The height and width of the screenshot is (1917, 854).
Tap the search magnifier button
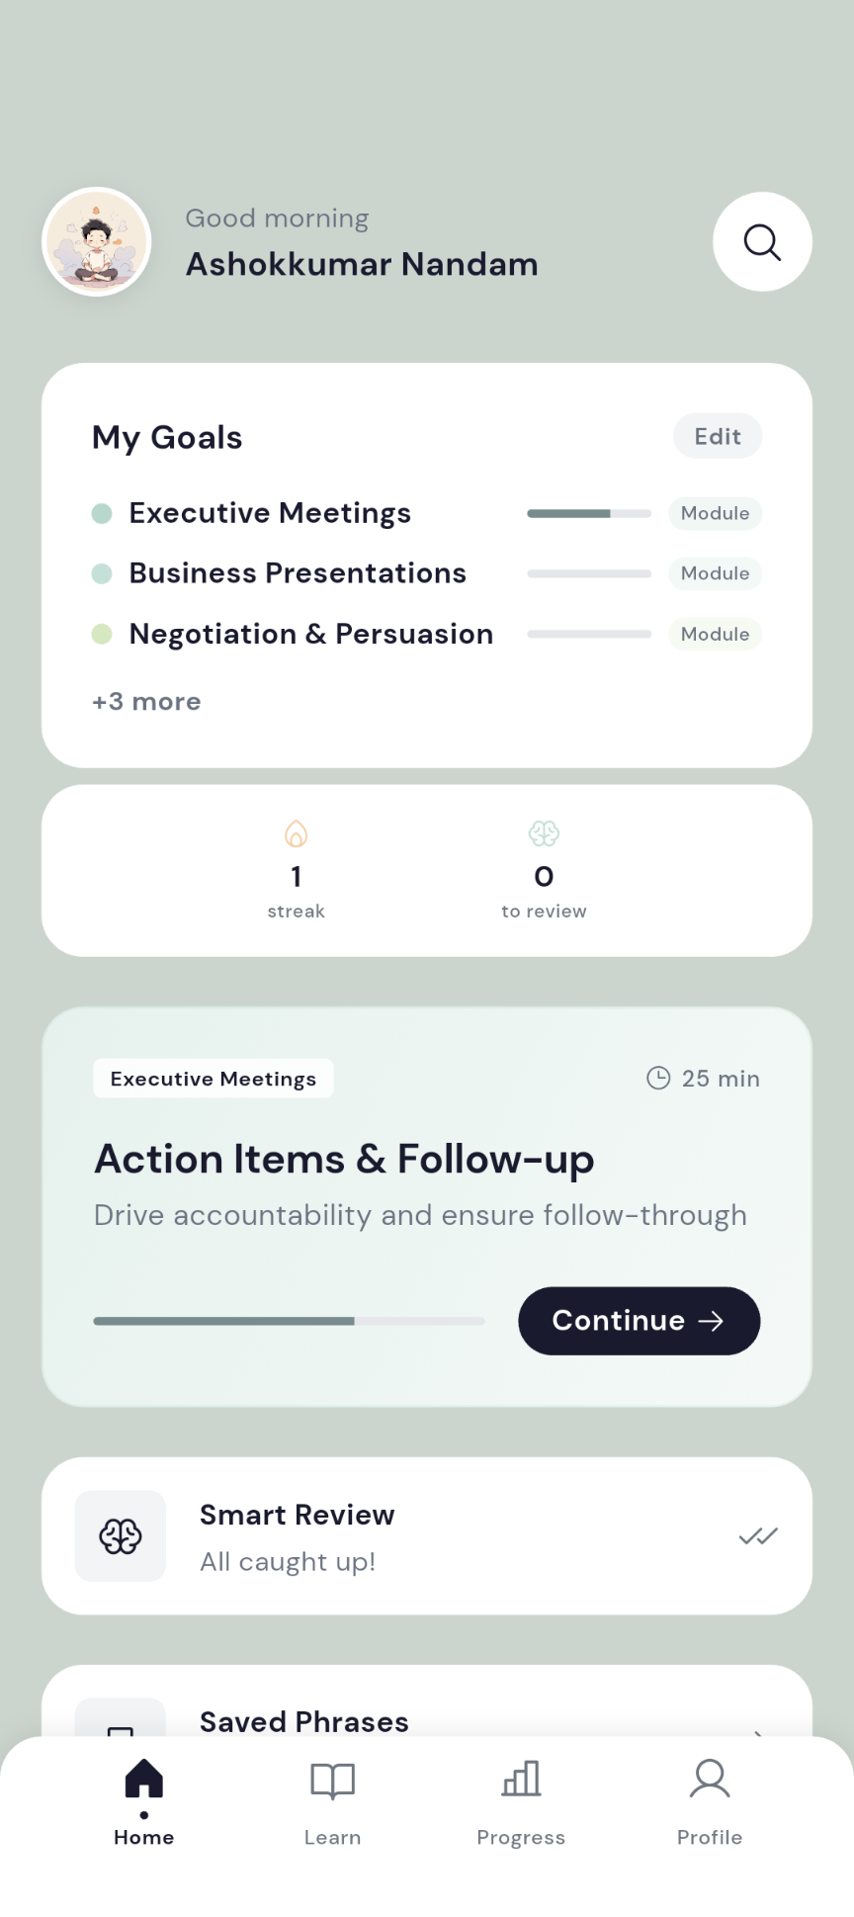[x=762, y=242]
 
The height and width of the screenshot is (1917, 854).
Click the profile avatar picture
[x=97, y=242]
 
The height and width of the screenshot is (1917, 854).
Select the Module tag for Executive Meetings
[x=715, y=513]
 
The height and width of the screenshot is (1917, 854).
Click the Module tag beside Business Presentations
[x=715, y=573]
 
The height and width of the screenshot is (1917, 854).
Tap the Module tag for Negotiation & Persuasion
[x=715, y=634]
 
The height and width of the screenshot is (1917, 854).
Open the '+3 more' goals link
[x=146, y=702]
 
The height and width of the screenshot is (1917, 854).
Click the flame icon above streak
[x=296, y=834]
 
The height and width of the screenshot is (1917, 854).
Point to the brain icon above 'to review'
[x=544, y=833]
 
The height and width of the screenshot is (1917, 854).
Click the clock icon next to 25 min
[x=658, y=1078]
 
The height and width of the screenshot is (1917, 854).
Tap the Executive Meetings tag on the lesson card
[x=213, y=1079]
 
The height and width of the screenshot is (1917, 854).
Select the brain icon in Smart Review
[x=121, y=1536]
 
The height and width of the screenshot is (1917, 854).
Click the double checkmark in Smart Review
[x=758, y=1535]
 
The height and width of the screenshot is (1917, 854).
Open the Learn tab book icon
[x=332, y=1780]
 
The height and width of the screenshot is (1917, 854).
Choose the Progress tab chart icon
[x=521, y=1779]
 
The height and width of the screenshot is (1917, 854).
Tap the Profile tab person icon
[x=710, y=1779]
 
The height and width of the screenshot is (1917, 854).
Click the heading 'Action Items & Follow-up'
[x=344, y=1159]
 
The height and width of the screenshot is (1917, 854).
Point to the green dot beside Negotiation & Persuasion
[x=102, y=634]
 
